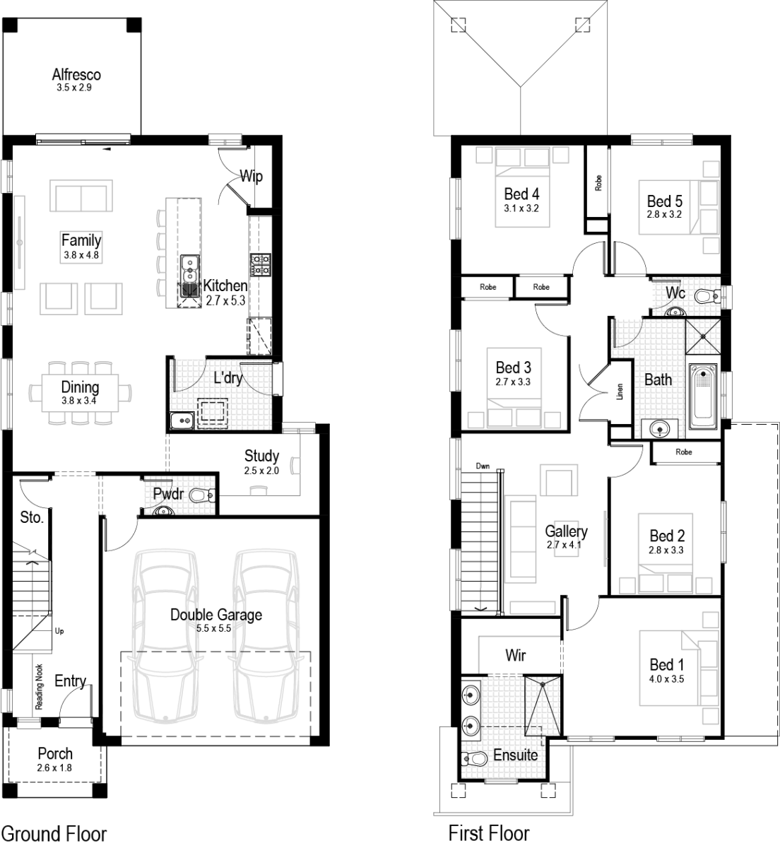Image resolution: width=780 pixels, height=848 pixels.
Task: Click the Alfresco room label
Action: point(76,74)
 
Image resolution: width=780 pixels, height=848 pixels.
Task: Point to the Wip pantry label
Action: point(252,175)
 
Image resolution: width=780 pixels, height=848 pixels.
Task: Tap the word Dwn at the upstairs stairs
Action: point(483,466)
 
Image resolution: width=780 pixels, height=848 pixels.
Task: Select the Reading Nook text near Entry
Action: point(40,686)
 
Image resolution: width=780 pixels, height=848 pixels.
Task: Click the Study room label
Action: point(261,456)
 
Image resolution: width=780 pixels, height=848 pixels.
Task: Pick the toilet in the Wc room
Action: point(704,296)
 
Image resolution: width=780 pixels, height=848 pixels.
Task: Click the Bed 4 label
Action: point(522,194)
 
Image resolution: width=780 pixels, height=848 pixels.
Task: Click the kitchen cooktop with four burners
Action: point(260,265)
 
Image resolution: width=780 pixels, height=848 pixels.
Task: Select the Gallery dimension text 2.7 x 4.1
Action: point(566,545)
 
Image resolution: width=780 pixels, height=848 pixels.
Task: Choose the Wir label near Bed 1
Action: point(515,655)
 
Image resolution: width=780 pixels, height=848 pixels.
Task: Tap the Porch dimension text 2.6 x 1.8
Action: point(55,767)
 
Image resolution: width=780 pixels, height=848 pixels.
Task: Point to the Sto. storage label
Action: point(31,517)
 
